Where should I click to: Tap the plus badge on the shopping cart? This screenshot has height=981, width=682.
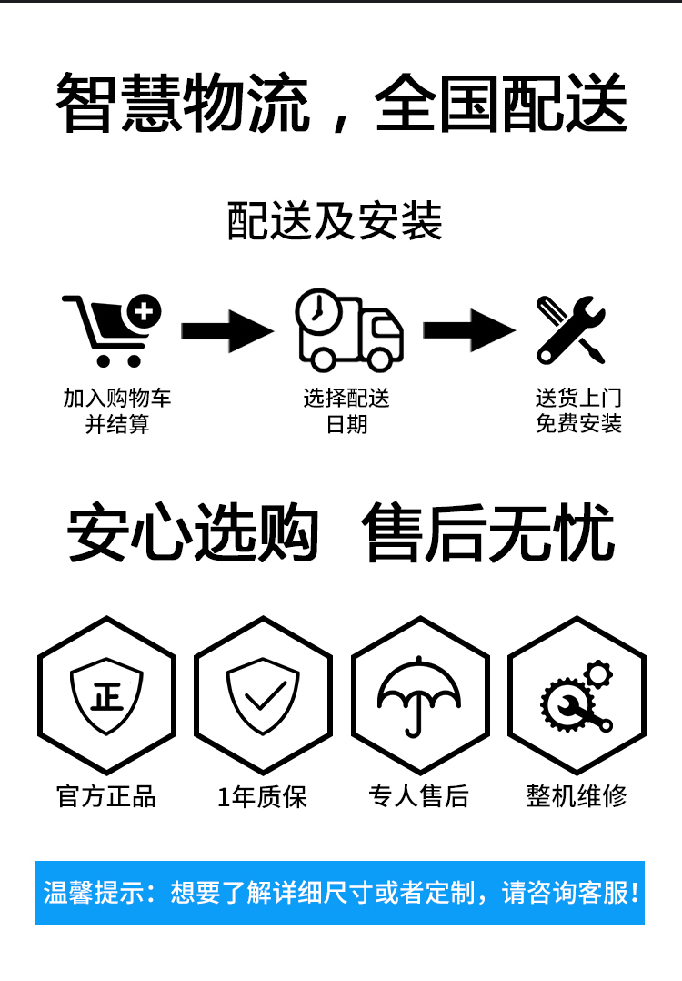144,311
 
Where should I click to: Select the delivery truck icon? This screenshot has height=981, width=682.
349,329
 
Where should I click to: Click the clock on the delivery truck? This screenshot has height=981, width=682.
318,311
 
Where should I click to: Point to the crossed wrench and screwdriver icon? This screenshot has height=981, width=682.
571,329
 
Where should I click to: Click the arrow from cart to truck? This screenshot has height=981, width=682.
227,330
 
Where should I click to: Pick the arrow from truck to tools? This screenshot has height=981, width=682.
469,329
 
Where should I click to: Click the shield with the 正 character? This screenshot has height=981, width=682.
107,695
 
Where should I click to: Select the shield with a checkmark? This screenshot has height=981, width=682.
263,695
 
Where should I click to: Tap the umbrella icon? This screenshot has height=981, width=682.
419,697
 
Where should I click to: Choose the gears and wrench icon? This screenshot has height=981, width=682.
577,695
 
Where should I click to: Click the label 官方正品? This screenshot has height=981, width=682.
106,796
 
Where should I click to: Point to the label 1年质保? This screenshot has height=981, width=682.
263,797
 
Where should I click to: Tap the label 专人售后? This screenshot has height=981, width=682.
419,796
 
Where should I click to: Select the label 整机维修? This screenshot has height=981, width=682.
577,795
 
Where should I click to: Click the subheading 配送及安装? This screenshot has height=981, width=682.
335,221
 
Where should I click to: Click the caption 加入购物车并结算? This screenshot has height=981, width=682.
117,411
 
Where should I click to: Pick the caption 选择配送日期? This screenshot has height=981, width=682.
346,411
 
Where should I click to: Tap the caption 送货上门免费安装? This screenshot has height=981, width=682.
579,410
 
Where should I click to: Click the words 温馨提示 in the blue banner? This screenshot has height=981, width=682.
95,893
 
